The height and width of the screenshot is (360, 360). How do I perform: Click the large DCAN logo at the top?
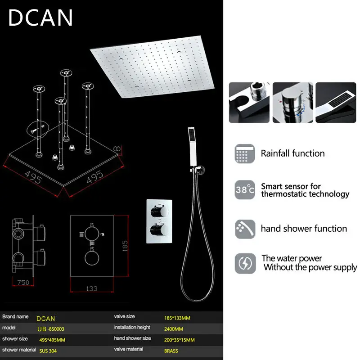40,18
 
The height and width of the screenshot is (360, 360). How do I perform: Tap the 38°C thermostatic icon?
245,189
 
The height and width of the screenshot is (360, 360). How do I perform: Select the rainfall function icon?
245,153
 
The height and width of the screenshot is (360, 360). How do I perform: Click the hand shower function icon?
245,229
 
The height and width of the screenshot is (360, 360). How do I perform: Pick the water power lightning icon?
245,263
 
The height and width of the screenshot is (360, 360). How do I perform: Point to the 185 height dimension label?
125,246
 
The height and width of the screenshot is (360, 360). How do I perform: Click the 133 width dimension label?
92,288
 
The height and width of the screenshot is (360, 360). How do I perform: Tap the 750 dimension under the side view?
23,283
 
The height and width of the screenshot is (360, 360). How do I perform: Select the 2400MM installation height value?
174,329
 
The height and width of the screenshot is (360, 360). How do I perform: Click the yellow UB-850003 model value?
51,329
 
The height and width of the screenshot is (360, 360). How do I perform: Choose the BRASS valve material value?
171,351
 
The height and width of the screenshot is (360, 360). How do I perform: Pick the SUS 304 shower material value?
48,351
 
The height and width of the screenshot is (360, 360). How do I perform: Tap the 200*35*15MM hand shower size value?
179,340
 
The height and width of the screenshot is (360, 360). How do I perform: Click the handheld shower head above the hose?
192,147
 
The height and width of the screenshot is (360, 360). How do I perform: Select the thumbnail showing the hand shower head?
336,103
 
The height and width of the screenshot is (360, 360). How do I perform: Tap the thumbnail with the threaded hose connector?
249,103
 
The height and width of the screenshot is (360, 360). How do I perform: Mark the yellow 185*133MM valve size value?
177,318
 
